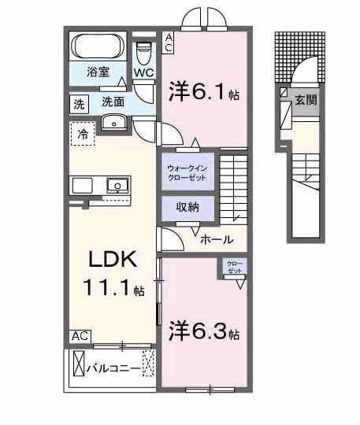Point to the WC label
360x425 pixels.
pos(143,73)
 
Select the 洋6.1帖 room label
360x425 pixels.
pos(203,93)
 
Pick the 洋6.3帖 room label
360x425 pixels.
pos(203,332)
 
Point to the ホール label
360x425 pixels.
pos(215,240)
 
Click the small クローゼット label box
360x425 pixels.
pos(235,266)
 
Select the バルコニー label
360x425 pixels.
pos(113,368)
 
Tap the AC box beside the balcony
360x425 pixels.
pos(79,336)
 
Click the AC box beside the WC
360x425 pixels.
pos(169,41)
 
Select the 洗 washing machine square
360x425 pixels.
pos(79,103)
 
